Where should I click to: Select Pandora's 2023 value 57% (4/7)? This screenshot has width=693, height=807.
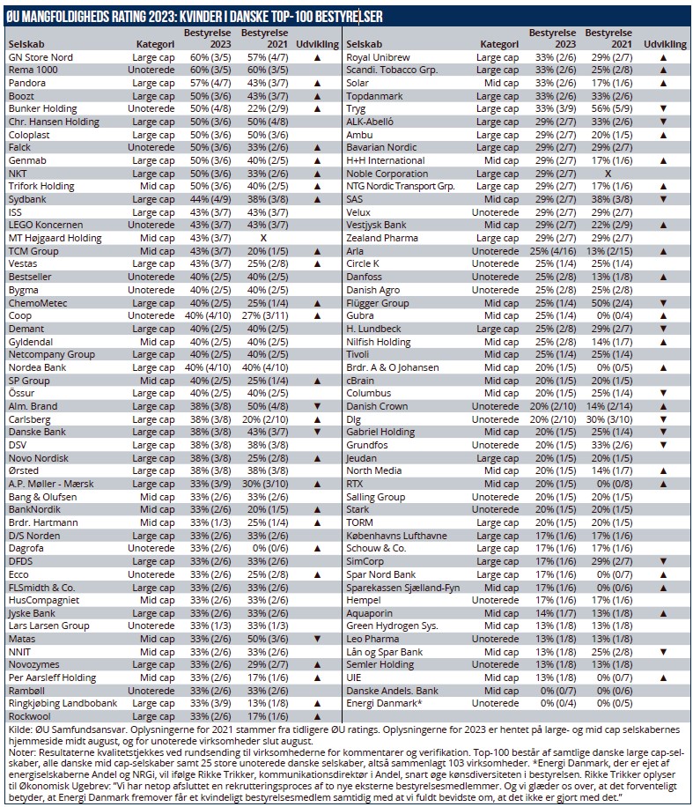pos(208,82)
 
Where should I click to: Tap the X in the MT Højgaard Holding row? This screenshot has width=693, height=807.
pos(263,238)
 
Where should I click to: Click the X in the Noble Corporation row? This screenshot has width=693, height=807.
pos(608,174)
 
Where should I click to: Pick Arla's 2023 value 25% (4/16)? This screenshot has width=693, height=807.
pos(553,250)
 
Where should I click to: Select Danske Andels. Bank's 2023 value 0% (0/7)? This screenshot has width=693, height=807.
pos(553,690)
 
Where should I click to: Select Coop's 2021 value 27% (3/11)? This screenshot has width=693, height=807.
pos(264,315)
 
